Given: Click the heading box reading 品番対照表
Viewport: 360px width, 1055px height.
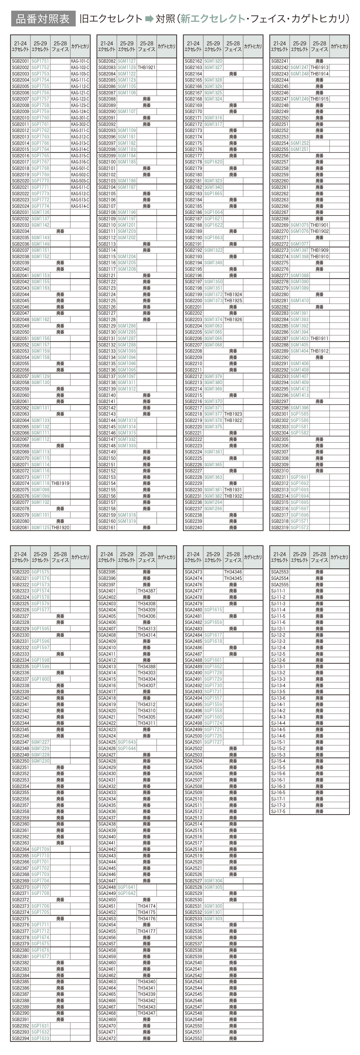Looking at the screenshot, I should (x=43, y=19).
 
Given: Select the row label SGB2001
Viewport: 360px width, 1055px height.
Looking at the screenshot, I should (x=21, y=61).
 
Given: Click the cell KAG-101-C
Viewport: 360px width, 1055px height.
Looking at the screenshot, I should (x=80, y=61).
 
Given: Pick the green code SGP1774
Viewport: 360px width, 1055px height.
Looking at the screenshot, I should (x=40, y=206).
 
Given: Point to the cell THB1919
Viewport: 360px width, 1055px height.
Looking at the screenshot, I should (x=60, y=483).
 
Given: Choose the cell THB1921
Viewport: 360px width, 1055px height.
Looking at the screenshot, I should (x=147, y=67).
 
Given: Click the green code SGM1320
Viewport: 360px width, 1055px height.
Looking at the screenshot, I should (x=213, y=61).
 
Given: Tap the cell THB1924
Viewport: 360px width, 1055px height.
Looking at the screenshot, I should (x=233, y=294).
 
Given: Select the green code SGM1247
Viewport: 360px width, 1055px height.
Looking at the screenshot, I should (x=300, y=67).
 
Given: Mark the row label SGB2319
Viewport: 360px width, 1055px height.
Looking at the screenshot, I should (x=280, y=528).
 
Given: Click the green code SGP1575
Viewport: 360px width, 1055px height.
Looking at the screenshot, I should (x=40, y=572).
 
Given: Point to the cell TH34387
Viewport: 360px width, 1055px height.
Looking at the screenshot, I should (x=147, y=591).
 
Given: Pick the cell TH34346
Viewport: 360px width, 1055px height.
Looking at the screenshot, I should (x=233, y=572).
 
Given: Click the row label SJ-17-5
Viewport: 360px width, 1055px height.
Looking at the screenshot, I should (x=278, y=811).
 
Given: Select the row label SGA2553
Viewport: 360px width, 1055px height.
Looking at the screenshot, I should (x=280, y=572).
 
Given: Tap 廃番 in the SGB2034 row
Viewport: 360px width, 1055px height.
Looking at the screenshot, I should (x=60, y=231).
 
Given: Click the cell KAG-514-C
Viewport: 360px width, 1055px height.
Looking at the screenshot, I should (x=80, y=206).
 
